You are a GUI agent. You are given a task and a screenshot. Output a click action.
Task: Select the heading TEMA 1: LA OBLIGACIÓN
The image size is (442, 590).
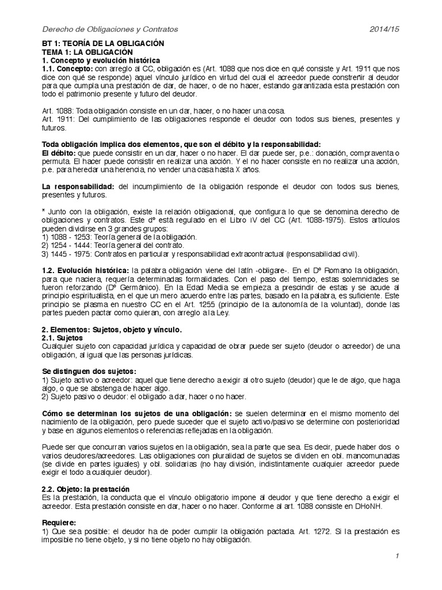[92, 52]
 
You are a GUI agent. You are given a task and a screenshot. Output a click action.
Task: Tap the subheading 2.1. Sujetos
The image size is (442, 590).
[64, 338]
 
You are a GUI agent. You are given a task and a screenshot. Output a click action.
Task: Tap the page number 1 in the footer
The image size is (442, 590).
[397, 556]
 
